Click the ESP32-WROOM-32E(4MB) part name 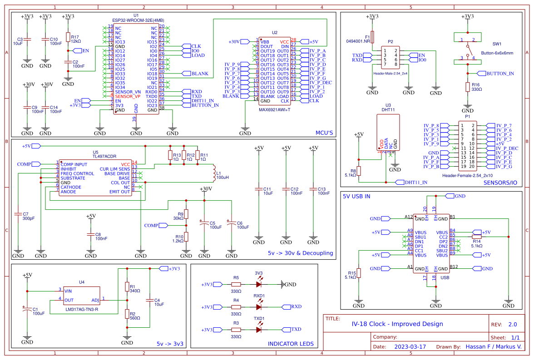tap(138, 20)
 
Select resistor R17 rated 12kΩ tap(68, 37)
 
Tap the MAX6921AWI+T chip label tap(274, 109)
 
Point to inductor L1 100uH tap(213, 173)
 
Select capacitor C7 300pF tap(18, 213)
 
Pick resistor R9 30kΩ tap(186, 214)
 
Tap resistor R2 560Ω tap(127, 314)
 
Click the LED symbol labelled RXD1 tap(259, 307)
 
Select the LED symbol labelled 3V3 tap(259, 284)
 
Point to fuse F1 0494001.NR tap(372, 36)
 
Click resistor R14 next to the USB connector tap(476, 237)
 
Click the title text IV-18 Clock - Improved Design tap(397, 324)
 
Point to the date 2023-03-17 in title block tap(410, 346)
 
